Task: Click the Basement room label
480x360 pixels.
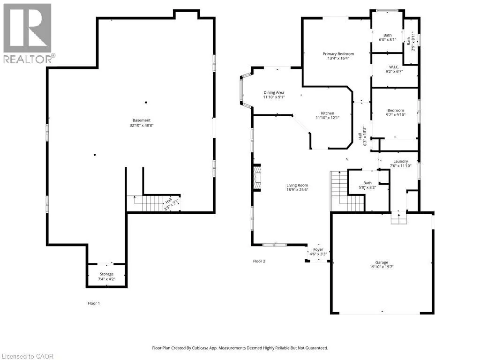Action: coord(142,120)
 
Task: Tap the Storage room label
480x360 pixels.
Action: coord(106,274)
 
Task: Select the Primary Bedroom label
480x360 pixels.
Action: coord(338,54)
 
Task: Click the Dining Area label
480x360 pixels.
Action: coord(274,92)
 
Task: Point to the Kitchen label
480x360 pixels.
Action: coord(327,113)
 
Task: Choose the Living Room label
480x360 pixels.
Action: coord(297,185)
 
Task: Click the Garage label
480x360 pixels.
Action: coord(382,262)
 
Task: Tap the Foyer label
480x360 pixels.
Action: coord(318,249)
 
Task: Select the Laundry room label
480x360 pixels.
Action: coord(400,161)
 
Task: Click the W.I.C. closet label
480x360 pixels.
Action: coord(394,67)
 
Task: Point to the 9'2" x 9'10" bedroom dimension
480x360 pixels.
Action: coord(396,115)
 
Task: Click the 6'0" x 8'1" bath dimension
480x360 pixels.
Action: coord(387,39)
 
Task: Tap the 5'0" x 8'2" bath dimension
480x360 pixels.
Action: coord(367,187)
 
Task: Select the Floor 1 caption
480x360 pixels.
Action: coord(94,303)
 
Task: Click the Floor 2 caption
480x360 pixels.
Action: coord(259,261)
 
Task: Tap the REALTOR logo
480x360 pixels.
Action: coord(28,33)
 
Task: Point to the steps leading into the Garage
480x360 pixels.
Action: coord(399,217)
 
